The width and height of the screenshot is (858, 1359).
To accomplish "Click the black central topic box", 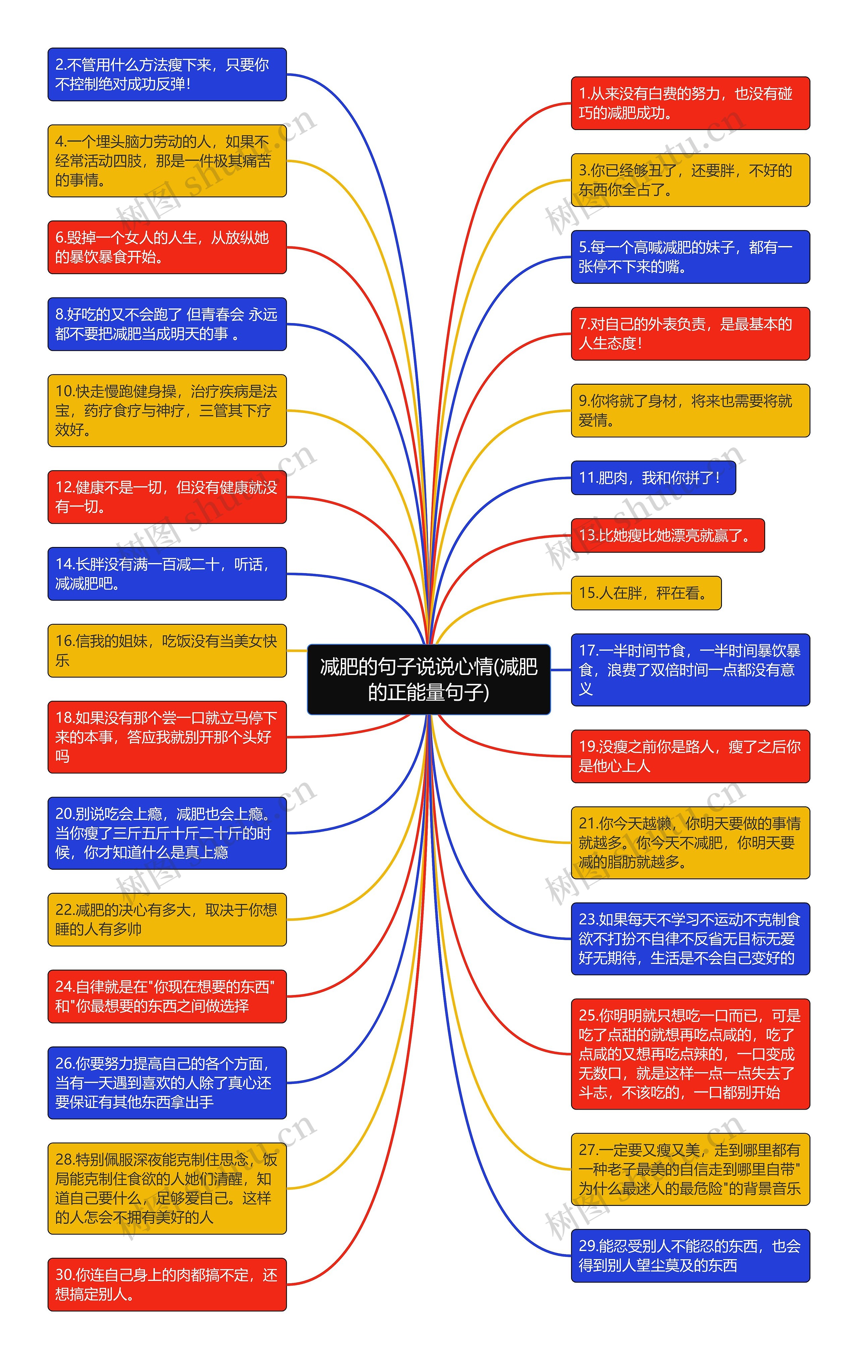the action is (428, 679).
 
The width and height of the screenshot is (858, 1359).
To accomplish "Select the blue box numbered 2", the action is (167, 74).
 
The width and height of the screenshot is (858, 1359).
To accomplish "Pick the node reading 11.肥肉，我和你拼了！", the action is (653, 478).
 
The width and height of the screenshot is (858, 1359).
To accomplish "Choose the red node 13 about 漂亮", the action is (667, 535).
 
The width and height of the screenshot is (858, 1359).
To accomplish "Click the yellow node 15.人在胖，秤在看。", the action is (646, 593).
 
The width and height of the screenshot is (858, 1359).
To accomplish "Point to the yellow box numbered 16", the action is (167, 650).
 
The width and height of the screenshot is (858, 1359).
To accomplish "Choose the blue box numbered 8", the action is (167, 324).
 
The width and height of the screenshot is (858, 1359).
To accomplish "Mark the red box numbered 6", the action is (167, 247).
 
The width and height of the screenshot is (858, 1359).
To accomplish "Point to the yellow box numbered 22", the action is (167, 919).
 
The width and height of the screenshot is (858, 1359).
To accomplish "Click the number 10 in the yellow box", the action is (64, 391).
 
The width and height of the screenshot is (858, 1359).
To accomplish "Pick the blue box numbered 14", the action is (167, 573).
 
